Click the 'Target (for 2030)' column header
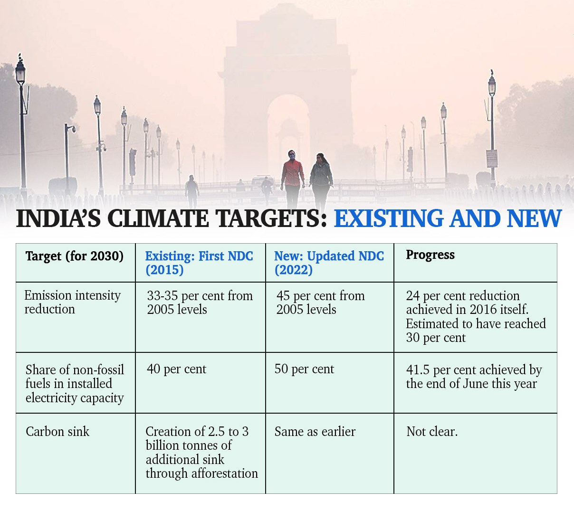[x=74, y=256]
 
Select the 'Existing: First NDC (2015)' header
[x=199, y=263]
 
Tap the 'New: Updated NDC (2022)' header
[x=329, y=263]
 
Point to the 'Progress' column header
[x=430, y=255]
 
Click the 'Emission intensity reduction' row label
[x=72, y=302]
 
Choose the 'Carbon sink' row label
[x=57, y=432]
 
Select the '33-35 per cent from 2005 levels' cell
[x=200, y=303]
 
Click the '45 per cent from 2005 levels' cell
[x=320, y=303]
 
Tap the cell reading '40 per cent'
[x=176, y=369]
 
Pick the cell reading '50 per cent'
[x=304, y=369]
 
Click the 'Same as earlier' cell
[x=315, y=432]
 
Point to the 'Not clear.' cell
[x=432, y=432]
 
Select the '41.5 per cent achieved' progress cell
[x=474, y=377]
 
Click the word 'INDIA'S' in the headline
[x=58, y=219]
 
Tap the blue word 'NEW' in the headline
[x=534, y=219]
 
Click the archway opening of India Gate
[x=287, y=133]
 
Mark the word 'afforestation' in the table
[x=225, y=473]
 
